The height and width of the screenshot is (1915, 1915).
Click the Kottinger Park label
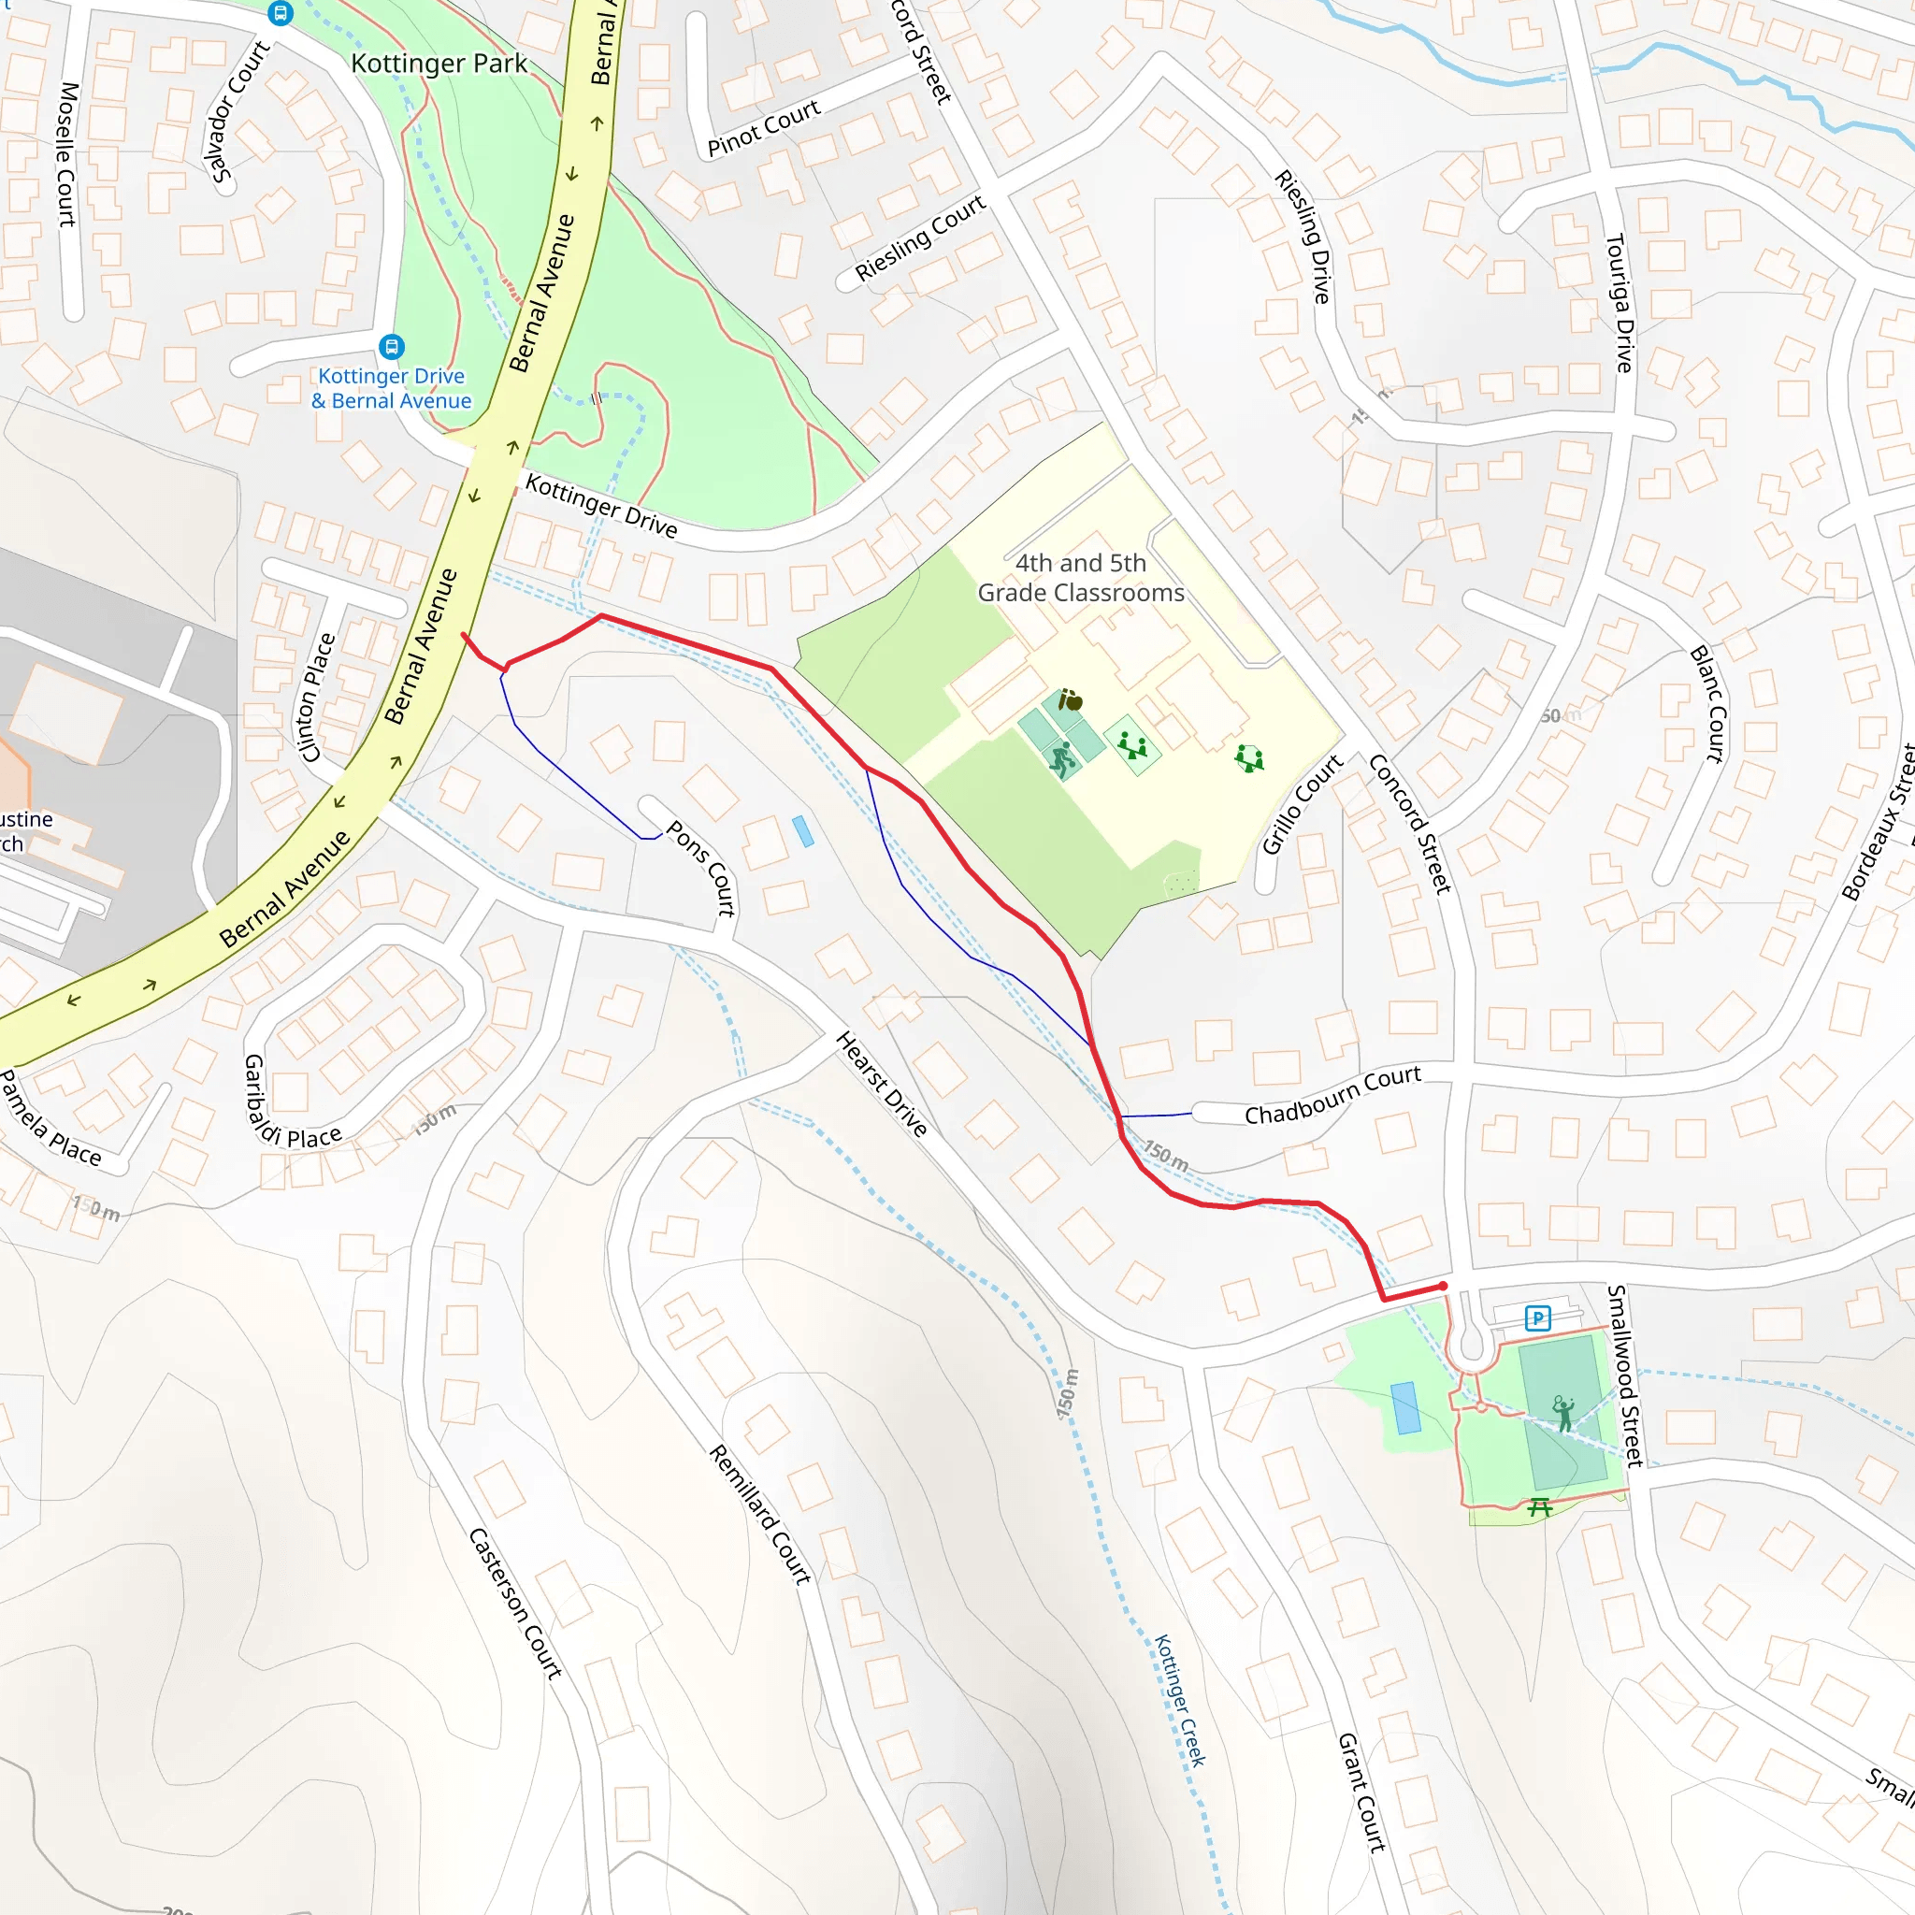(x=439, y=64)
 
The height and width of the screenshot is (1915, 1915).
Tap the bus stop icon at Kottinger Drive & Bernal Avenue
(x=392, y=347)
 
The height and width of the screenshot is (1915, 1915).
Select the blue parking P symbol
(x=1537, y=1318)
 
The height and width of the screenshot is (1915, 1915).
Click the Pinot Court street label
(x=764, y=128)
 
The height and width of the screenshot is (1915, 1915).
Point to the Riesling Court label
(x=920, y=238)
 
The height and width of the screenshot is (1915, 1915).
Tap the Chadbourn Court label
(x=1332, y=1094)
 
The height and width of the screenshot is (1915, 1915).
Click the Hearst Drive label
(x=882, y=1084)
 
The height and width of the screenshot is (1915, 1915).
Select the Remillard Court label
(x=760, y=1514)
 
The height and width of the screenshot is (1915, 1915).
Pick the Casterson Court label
(x=515, y=1603)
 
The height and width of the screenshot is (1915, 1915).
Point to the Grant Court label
(x=1361, y=1793)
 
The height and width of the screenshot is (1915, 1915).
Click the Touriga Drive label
(x=1619, y=302)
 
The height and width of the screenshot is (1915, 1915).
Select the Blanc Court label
(x=1706, y=704)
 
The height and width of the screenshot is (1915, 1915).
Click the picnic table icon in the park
(x=1538, y=1507)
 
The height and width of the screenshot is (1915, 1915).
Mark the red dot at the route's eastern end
(x=1443, y=1287)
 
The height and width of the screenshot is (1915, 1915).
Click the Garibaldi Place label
(x=292, y=1103)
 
